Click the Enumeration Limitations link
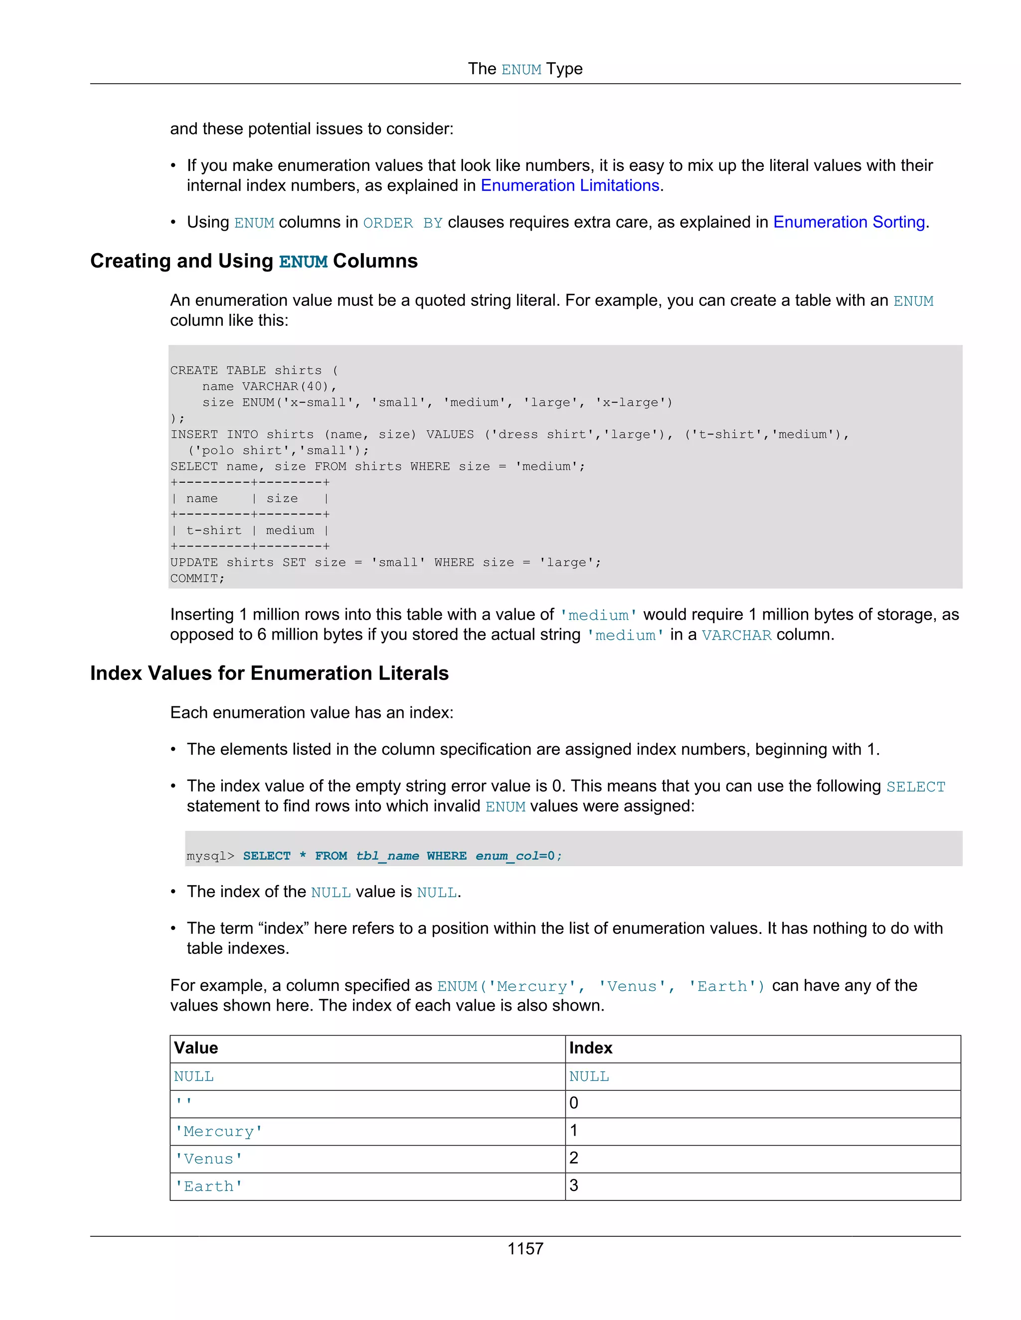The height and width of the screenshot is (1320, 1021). pos(569,186)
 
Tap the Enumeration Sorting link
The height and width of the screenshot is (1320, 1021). pos(849,223)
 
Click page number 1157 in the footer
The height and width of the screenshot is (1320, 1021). pos(525,1249)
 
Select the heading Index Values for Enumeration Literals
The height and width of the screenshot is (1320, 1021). pos(269,673)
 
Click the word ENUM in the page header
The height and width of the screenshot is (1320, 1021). pos(521,70)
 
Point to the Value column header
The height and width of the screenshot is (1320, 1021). pos(196,1048)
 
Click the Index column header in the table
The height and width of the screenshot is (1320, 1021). pos(590,1048)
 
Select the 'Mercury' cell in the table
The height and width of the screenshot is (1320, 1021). pos(218,1131)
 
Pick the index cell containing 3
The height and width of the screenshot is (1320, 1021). pos(574,1186)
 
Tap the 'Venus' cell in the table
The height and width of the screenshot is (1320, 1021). pos(209,1159)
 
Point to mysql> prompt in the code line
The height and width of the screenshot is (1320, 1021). pos(210,856)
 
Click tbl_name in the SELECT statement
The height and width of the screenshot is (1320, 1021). pos(387,856)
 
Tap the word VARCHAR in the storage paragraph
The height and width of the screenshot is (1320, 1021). pos(736,635)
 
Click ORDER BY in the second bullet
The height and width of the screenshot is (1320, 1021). pos(403,223)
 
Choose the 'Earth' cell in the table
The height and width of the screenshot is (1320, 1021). pos(209,1187)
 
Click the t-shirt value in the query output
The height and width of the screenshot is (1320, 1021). pos(213,530)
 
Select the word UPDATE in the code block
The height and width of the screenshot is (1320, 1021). pos(193,563)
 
